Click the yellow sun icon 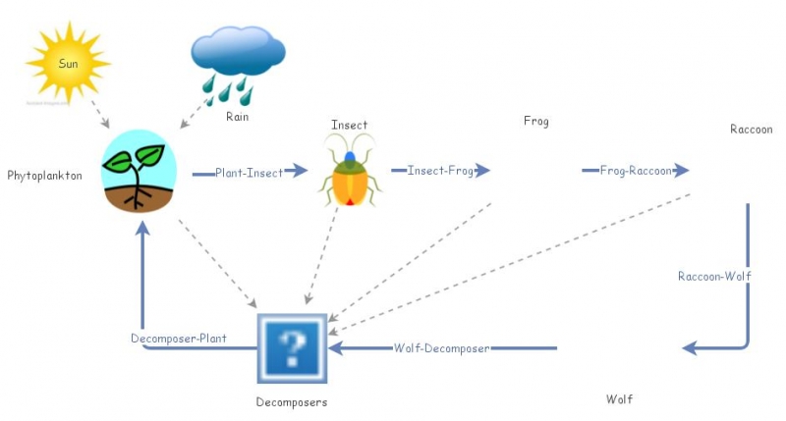(67, 63)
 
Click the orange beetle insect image (349, 171)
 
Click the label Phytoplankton (44, 176)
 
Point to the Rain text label (237, 117)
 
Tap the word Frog (535, 122)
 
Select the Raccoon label (751, 130)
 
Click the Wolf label (619, 399)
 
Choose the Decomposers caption (291, 402)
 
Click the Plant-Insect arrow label (250, 173)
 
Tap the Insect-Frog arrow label (440, 171)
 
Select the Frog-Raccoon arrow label (636, 171)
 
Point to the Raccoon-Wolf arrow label (714, 277)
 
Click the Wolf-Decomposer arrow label (441, 348)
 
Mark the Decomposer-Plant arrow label (179, 339)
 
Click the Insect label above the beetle (349, 125)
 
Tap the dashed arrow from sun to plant (95, 112)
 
